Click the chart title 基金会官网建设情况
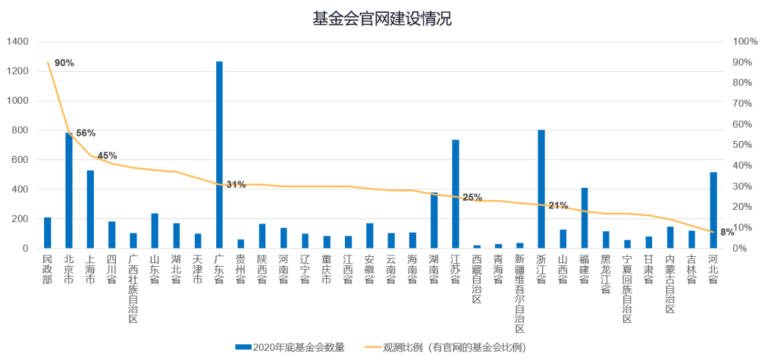383,18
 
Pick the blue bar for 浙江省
541,189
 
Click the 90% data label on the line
64,63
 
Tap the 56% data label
85,133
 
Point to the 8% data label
727,232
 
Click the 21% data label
558,206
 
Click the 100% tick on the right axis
745,42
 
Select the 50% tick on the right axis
743,145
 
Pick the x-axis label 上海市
90,270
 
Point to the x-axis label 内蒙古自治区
670,283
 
